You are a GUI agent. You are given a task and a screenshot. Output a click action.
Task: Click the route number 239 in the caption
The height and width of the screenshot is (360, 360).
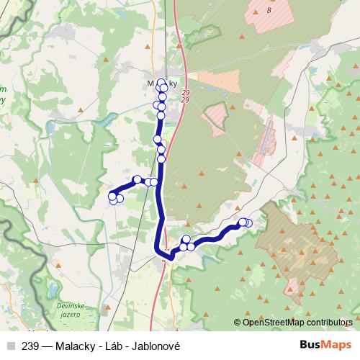pyautogui.click(x=30, y=346)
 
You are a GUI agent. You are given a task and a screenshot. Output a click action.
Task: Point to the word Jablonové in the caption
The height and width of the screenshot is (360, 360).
pyautogui.click(x=156, y=346)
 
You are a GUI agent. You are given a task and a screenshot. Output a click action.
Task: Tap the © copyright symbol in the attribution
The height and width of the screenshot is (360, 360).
pyautogui.click(x=238, y=323)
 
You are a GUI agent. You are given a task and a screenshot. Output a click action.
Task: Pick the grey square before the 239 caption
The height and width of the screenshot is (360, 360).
pyautogui.click(x=10, y=346)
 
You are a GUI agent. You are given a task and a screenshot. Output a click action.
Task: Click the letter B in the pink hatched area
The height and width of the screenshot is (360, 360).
pyautogui.click(x=269, y=11)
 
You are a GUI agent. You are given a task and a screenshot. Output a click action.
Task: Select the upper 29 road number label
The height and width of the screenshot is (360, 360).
pyautogui.click(x=186, y=93)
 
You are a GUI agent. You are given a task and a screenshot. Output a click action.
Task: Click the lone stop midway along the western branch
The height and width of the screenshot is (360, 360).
pyautogui.click(x=137, y=179)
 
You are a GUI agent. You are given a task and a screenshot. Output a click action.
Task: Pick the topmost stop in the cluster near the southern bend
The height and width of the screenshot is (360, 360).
pyautogui.click(x=186, y=239)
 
